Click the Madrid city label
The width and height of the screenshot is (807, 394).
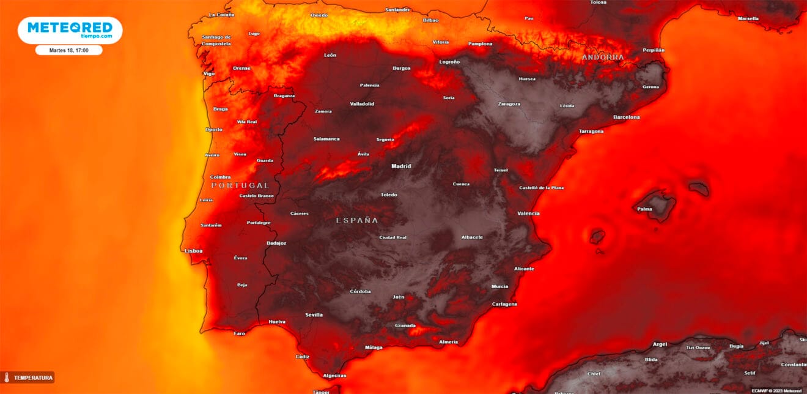[401, 166]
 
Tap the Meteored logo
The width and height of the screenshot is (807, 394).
[70, 29]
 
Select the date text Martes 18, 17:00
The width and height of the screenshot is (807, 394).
[69, 50]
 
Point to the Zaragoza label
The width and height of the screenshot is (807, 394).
[509, 104]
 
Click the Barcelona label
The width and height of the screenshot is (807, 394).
[627, 117]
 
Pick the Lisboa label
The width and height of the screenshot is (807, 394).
[193, 251]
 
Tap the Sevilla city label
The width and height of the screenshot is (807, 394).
[314, 315]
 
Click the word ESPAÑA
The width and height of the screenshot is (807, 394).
[357, 220]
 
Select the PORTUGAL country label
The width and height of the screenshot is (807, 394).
[240, 185]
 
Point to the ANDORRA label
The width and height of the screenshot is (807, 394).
[603, 58]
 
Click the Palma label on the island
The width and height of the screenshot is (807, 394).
[644, 209]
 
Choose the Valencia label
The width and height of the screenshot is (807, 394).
[528, 214]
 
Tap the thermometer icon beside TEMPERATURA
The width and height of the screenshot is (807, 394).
[7, 377]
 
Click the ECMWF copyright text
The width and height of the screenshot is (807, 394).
[776, 390]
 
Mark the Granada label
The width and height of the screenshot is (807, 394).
[405, 325]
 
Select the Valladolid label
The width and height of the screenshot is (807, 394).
[362, 104]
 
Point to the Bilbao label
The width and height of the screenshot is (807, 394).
[430, 20]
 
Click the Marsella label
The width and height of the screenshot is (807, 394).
[748, 19]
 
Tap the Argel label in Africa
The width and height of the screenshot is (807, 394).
[660, 344]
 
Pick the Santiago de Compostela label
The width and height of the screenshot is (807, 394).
[216, 40]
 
